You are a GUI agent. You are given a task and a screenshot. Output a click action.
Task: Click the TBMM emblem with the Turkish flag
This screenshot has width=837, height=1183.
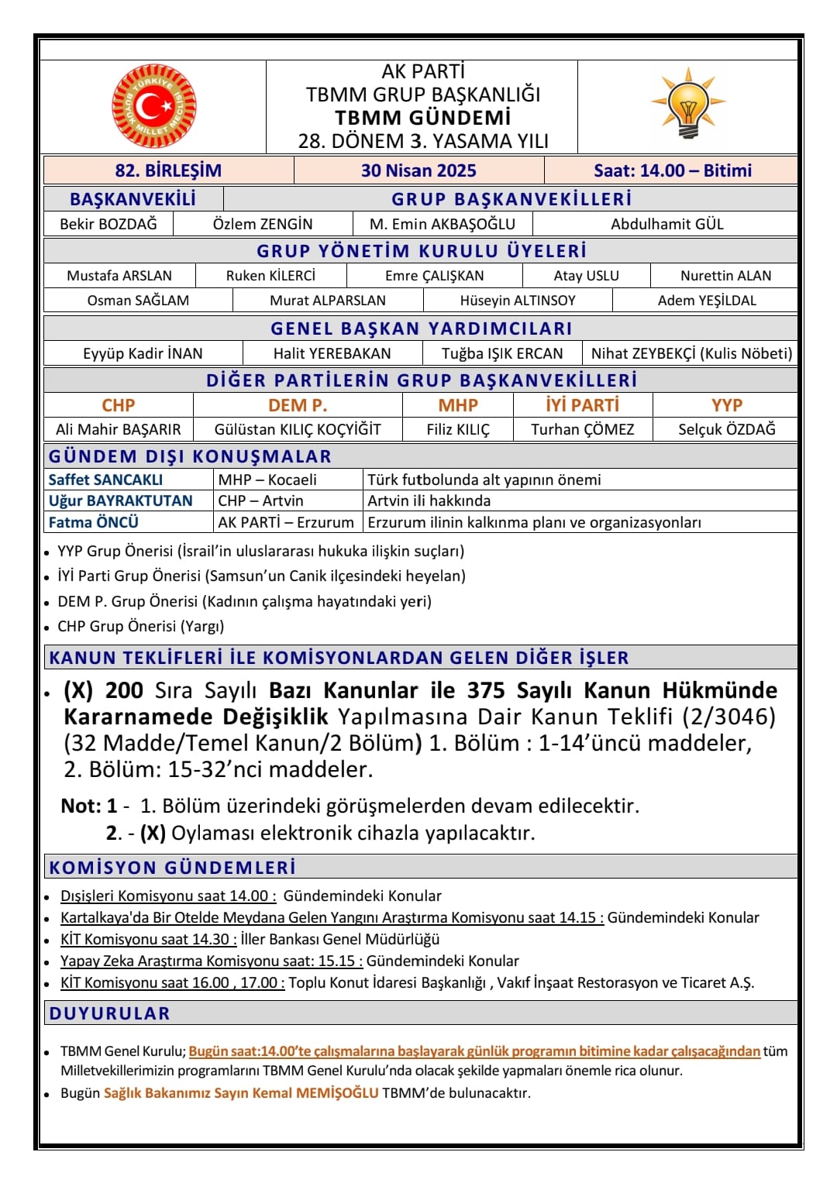(x=154, y=106)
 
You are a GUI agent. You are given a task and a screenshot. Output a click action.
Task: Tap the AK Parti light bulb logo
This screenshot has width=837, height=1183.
(x=688, y=103)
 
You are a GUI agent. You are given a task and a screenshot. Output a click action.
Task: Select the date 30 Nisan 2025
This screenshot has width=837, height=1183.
(x=418, y=170)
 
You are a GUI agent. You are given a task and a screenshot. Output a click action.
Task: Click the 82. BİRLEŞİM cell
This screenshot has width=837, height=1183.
(x=168, y=170)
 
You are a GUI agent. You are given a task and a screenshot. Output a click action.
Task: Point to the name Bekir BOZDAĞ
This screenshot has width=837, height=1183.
(x=108, y=224)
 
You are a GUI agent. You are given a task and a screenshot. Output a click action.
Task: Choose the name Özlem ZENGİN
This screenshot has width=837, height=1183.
(x=263, y=224)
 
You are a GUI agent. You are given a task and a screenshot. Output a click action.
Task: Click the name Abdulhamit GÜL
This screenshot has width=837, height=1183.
(x=666, y=224)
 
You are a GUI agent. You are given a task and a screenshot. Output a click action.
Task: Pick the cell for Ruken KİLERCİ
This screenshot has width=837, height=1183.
(x=270, y=276)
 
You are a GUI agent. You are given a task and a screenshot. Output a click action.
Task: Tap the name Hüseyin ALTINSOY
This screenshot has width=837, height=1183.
(x=518, y=301)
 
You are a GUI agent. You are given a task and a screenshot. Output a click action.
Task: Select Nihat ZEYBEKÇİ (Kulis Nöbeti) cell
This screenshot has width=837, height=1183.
(x=691, y=354)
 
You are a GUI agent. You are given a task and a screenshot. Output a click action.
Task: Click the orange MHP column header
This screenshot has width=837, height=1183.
(x=458, y=405)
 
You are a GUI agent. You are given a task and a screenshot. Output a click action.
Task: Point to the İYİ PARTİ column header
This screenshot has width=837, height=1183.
(x=582, y=405)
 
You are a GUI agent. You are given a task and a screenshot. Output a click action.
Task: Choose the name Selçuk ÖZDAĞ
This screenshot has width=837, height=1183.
(x=726, y=429)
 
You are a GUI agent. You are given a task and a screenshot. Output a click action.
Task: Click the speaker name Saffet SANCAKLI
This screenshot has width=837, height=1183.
(x=105, y=480)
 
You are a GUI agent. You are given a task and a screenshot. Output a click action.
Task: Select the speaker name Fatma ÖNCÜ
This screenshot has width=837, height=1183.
(x=93, y=522)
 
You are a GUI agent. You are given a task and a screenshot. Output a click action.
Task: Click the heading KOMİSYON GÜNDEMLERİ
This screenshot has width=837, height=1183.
(x=172, y=867)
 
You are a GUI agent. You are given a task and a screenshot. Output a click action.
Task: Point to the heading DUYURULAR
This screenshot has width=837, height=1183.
(x=109, y=1013)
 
